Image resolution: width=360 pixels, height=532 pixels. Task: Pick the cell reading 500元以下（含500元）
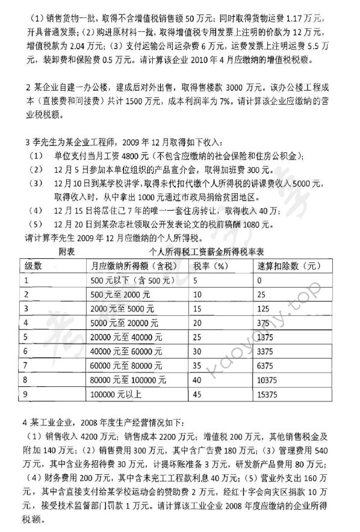(125, 280)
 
